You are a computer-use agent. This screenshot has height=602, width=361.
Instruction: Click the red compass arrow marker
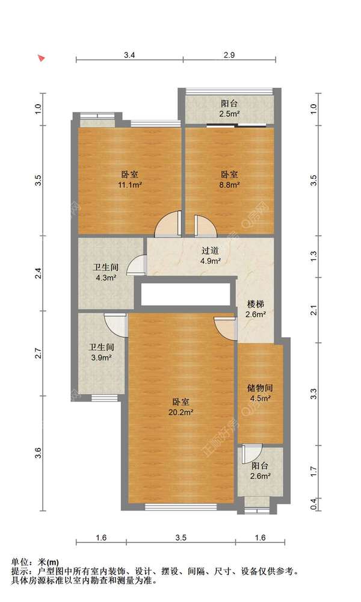42,58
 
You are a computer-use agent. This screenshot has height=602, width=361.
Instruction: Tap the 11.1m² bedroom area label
130,179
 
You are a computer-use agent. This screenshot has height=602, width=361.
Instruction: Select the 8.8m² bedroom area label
229,179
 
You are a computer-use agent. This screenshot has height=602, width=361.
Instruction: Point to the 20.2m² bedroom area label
180,408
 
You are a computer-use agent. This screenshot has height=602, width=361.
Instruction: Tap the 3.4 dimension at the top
130,55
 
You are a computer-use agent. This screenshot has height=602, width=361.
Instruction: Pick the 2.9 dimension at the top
229,55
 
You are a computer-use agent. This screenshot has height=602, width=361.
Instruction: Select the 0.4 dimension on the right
313,504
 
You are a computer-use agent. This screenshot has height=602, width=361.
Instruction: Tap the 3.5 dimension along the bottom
180,538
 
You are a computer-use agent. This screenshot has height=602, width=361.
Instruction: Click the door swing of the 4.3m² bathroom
136,265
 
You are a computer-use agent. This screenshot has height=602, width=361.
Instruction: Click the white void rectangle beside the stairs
186,294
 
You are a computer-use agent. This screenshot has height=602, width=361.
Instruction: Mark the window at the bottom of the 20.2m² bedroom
180,507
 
